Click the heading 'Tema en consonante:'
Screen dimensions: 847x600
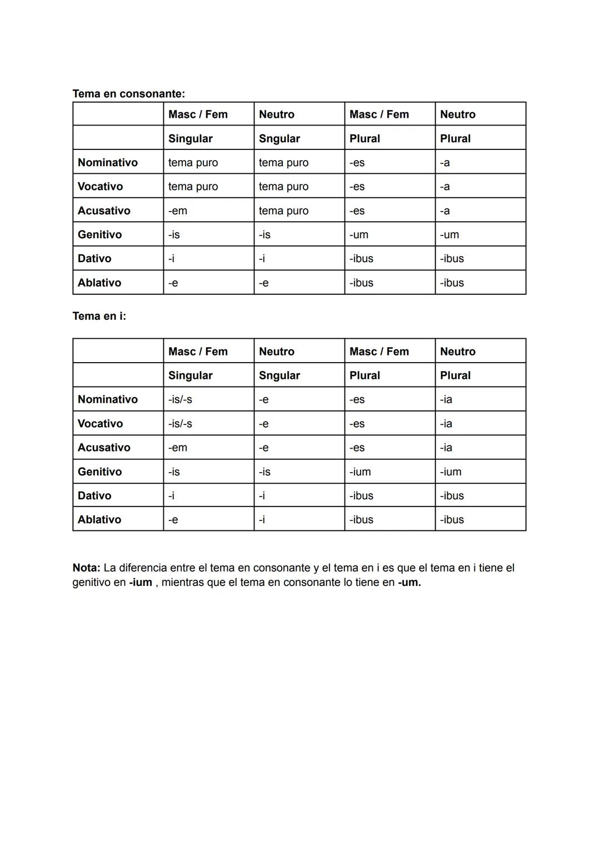pos(128,94)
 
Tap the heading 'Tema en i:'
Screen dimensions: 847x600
pos(99,316)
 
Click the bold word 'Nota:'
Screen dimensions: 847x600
pos(86,568)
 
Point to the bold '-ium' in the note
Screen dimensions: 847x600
pos(141,583)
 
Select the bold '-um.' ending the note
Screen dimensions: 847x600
pos(409,583)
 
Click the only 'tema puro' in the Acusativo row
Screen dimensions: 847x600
pos(283,211)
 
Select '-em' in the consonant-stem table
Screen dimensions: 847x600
pos(178,211)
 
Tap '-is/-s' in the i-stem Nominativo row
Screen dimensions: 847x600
pos(180,399)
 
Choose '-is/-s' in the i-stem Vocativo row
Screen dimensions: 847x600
pos(180,423)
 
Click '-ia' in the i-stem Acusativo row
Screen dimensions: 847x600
pos(446,448)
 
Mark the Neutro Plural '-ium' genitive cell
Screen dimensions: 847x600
pos(451,472)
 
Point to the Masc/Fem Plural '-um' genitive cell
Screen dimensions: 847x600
pos(359,234)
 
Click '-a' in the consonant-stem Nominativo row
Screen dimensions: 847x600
pos(445,163)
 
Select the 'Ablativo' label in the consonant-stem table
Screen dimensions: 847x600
pos(99,283)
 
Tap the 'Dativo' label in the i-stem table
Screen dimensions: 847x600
pos(94,495)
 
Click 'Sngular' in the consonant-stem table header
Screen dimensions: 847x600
pos(279,138)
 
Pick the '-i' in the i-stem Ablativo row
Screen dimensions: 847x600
pos(262,520)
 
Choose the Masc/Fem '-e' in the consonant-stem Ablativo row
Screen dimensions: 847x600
pos(173,283)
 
